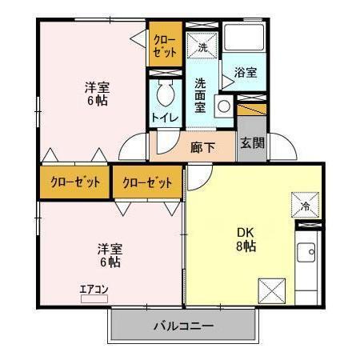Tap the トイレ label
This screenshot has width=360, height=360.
click(x=166, y=118)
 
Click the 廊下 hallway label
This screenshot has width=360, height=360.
click(x=202, y=146)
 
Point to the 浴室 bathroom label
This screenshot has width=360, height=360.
click(x=246, y=72)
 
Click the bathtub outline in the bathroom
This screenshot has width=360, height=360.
click(x=246, y=38)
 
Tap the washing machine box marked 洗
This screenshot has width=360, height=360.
click(x=202, y=46)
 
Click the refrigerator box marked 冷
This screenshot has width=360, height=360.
click(x=305, y=204)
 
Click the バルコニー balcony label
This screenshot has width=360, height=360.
click(x=183, y=326)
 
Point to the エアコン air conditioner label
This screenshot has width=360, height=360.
click(x=94, y=289)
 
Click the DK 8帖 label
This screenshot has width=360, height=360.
click(x=246, y=239)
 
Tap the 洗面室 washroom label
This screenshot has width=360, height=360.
click(x=201, y=94)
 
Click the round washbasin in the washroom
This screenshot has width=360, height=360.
click(x=223, y=104)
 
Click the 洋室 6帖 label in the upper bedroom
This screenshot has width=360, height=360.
click(x=98, y=94)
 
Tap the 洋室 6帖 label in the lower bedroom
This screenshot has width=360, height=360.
click(x=110, y=254)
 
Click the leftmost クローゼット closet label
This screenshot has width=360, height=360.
click(x=75, y=182)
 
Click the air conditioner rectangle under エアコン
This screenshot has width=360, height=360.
click(x=94, y=298)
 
